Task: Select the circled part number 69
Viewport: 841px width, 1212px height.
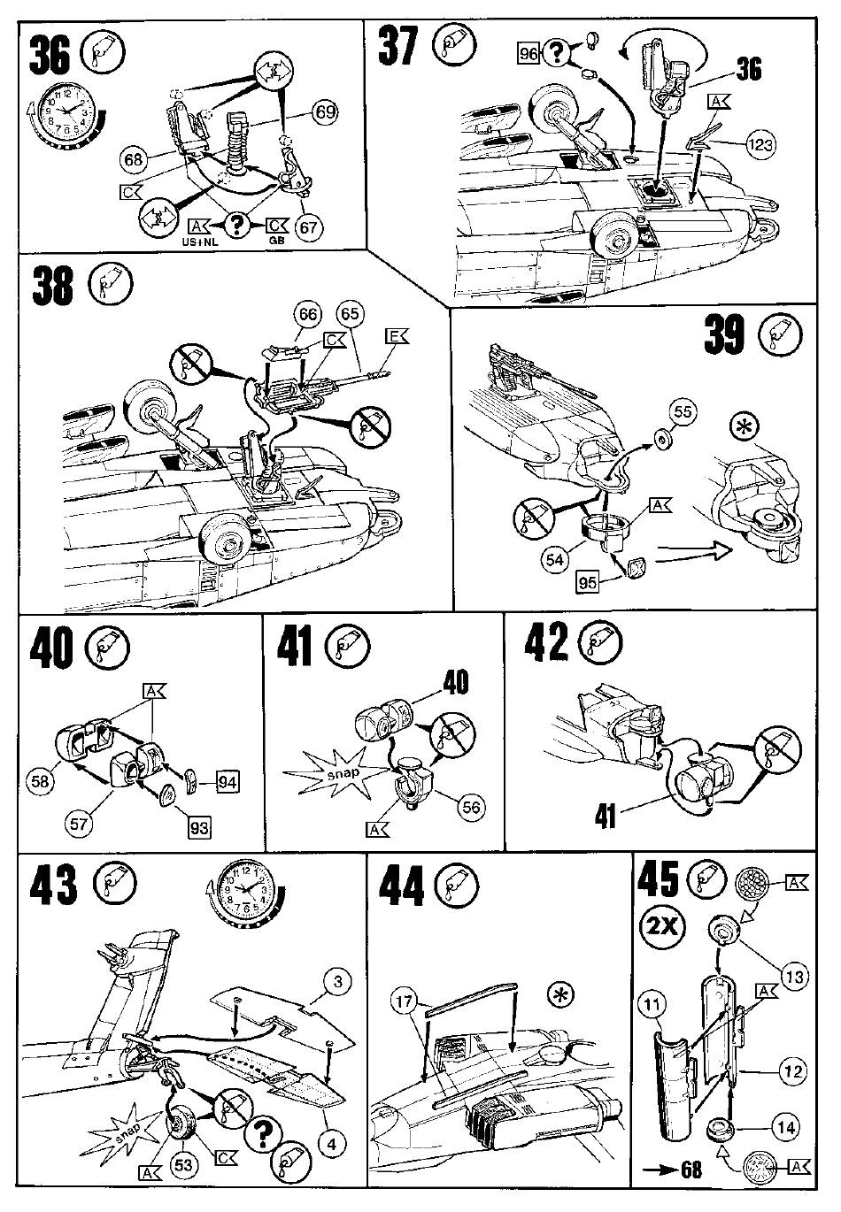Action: [x=326, y=112]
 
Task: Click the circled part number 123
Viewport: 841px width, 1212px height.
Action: [x=762, y=147]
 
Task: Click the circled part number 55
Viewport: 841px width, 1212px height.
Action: [x=683, y=412]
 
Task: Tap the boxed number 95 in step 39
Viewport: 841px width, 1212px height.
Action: [x=587, y=583]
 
